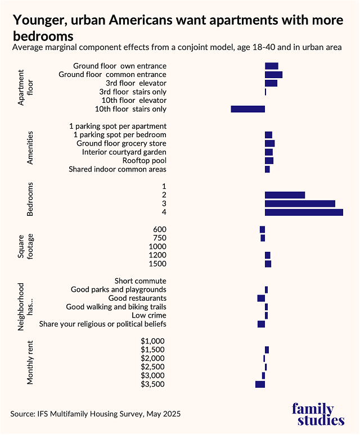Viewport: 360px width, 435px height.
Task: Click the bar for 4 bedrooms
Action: tap(304, 212)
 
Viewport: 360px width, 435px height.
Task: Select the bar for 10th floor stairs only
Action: tap(247, 109)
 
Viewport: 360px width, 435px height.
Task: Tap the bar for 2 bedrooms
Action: tap(285, 195)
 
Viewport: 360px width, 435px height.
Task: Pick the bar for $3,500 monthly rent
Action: tap(260, 384)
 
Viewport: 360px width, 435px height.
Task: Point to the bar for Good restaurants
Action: tap(261, 298)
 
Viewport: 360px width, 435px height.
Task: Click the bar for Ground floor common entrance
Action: tap(273, 75)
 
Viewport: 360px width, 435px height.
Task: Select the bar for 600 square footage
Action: tap(262, 229)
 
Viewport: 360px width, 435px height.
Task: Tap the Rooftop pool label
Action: tap(145, 161)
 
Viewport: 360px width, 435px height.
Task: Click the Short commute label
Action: tap(140, 281)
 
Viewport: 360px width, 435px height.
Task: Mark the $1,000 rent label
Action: tap(153, 341)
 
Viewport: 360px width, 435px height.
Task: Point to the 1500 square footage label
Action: tap(157, 264)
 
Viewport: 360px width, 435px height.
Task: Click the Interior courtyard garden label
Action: tap(124, 152)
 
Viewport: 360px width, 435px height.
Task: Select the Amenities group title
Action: tap(30, 148)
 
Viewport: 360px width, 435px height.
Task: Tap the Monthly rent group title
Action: tap(30, 362)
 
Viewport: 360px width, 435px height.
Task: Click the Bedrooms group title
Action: tap(30, 200)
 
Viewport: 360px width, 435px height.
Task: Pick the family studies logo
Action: tap(318, 415)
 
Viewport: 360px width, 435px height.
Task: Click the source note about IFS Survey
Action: tap(96, 414)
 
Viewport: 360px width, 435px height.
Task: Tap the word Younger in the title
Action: tap(40, 21)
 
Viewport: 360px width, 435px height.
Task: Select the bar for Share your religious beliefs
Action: tap(261, 324)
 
